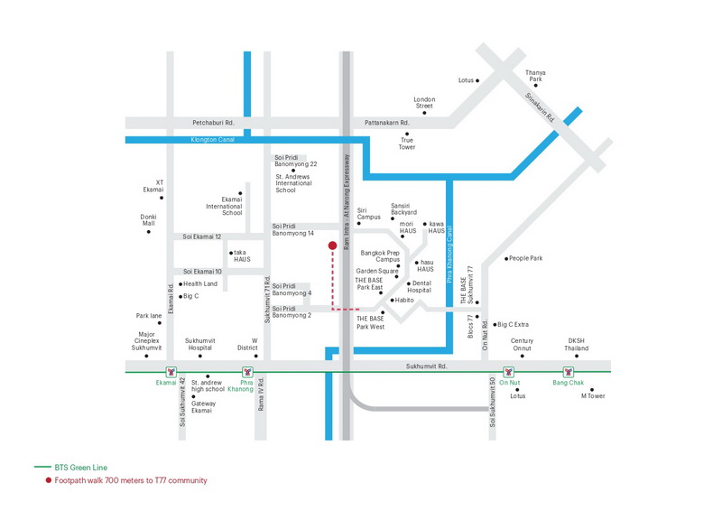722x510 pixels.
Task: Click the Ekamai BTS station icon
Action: (x=171, y=372)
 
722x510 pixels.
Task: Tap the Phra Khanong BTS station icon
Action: (x=247, y=372)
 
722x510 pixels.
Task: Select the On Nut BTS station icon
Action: (x=508, y=372)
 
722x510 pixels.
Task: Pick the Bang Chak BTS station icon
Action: (x=569, y=372)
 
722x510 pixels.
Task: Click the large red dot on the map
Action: (x=332, y=246)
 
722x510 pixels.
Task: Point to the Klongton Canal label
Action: (x=213, y=140)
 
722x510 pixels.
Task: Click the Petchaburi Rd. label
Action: (x=213, y=123)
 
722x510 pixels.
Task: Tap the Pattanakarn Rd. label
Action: (x=387, y=123)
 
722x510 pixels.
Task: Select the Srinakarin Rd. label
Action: (x=540, y=107)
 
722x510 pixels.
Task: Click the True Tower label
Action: (x=407, y=144)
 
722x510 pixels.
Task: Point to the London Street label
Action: (x=424, y=102)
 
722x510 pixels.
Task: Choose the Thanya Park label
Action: (x=535, y=76)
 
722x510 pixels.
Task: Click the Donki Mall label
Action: (x=148, y=219)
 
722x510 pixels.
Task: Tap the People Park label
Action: (x=526, y=258)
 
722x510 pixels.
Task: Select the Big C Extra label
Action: (x=513, y=324)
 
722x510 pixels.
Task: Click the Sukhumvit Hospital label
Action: (x=199, y=344)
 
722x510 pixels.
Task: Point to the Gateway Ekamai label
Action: (x=203, y=407)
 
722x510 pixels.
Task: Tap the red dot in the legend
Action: (x=49, y=480)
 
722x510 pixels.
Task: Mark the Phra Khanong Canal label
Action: (x=449, y=254)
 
